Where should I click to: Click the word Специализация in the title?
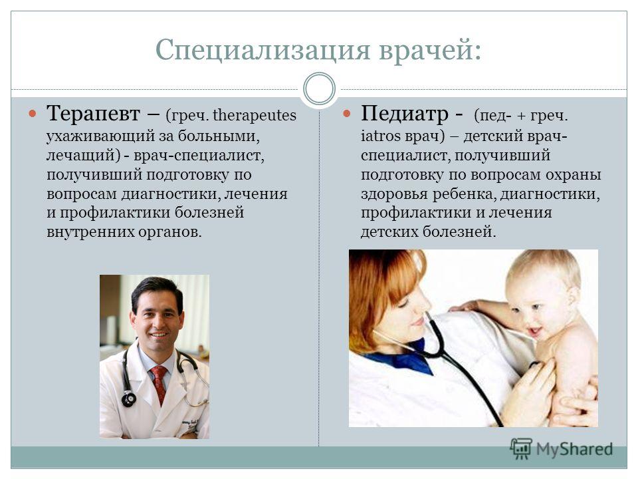coord(263,50)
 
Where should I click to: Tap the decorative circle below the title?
coord(320,88)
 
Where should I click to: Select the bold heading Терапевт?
coord(93,114)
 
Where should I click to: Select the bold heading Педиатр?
coord(404,114)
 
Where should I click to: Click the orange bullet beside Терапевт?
coord(33,113)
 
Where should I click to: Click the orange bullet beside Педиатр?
coord(347,113)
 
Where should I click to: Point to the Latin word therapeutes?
coord(255,115)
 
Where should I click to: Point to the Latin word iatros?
coord(381,136)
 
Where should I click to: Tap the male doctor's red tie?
coord(159,384)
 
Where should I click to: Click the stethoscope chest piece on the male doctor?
coord(128,399)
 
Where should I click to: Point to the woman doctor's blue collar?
coord(403,359)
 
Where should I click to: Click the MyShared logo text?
coord(574,449)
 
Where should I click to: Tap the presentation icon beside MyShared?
coord(521,448)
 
